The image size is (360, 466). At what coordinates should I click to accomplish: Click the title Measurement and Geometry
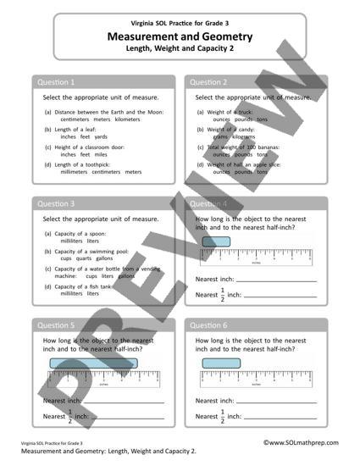point(180,37)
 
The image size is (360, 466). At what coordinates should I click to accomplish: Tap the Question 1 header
point(56,82)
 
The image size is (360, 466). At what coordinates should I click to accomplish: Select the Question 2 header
point(208,82)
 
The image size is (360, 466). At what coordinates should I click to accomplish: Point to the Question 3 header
point(56,204)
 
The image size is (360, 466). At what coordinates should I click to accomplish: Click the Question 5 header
point(56,325)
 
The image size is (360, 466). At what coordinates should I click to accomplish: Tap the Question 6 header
point(208,325)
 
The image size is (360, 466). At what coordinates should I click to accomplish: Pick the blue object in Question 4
point(216,242)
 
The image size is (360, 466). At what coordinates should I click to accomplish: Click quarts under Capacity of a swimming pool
point(88,259)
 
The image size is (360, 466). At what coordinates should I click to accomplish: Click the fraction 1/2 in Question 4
point(224,295)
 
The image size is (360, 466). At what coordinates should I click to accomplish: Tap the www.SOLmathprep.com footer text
point(300,442)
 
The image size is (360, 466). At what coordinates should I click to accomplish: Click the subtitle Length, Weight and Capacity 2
point(180,50)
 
